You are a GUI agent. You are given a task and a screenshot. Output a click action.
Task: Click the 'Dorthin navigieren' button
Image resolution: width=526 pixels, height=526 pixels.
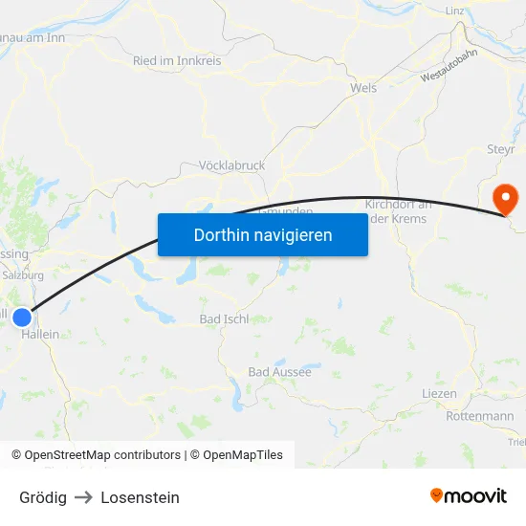click(x=263, y=234)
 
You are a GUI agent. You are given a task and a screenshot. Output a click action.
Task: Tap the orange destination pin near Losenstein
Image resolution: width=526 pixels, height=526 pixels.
click(x=504, y=199)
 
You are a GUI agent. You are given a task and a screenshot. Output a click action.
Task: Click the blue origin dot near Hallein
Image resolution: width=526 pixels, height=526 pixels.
click(x=22, y=316)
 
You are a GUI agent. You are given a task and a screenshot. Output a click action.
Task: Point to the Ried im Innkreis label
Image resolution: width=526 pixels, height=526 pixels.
click(x=177, y=61)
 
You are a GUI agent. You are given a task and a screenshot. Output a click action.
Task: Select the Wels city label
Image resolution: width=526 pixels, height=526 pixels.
click(x=363, y=88)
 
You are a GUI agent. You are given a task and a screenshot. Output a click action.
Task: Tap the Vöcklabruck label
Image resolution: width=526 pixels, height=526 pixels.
click(x=231, y=165)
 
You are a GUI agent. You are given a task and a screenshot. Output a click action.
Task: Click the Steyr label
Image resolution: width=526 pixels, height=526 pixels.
click(x=501, y=149)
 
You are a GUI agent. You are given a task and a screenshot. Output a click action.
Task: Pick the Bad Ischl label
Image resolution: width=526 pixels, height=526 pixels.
click(x=224, y=318)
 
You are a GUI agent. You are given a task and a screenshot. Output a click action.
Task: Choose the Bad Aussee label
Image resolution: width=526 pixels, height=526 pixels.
click(x=279, y=372)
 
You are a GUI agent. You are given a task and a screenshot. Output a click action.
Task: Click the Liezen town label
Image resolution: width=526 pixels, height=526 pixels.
click(x=439, y=394)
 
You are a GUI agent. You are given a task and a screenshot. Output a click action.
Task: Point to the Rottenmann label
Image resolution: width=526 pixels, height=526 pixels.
click(x=479, y=417)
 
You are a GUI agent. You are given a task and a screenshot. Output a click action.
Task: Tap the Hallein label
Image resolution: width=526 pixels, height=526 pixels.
click(x=40, y=335)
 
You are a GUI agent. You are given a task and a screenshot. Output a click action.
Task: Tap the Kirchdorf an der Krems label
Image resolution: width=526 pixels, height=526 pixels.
click(x=398, y=211)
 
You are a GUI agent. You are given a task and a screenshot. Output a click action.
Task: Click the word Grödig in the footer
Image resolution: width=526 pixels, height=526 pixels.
click(x=43, y=497)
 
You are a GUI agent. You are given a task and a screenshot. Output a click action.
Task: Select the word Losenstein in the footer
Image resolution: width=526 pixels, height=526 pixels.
click(x=140, y=497)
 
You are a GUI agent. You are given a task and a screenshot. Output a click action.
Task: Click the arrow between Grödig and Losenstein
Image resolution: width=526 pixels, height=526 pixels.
click(x=83, y=497)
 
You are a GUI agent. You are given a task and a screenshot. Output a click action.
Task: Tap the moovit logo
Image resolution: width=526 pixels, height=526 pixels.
click(x=469, y=496)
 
